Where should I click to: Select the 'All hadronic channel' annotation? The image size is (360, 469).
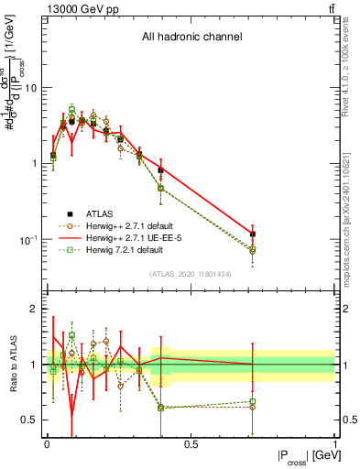191,38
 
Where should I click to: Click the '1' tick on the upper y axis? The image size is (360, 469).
34,164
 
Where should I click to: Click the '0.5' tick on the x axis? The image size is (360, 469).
191,443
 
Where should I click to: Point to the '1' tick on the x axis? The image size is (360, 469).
334,443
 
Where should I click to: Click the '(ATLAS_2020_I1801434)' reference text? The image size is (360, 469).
191,275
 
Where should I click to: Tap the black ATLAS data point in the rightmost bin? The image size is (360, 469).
253,234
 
